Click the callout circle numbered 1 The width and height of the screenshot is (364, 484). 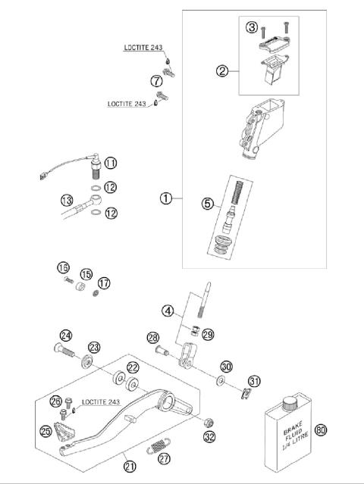[x=165, y=199]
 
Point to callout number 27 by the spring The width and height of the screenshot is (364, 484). [x=165, y=457]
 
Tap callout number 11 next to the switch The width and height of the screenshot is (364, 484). [x=111, y=163]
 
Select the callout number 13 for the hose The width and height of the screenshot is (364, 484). [x=67, y=200]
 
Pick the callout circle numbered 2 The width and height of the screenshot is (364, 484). [x=222, y=71]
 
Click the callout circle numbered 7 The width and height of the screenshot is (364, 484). [x=156, y=81]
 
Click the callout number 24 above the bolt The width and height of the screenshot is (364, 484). [x=66, y=336]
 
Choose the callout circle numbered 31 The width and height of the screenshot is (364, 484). [x=254, y=381]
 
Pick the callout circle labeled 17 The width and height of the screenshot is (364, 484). [x=104, y=283]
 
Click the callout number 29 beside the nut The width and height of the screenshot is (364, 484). [x=208, y=334]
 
